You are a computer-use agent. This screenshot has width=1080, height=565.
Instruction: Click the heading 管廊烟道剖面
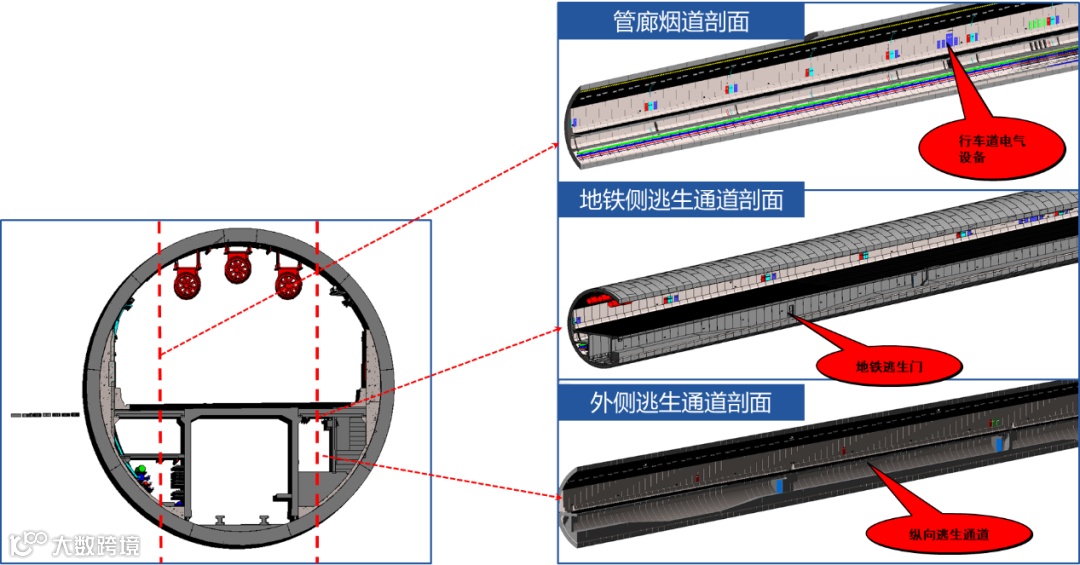pyautogui.click(x=681, y=21)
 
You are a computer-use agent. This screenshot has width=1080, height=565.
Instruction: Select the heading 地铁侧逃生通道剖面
pyautogui.click(x=681, y=200)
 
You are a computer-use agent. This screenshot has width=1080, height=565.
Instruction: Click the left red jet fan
pyautogui.click(x=187, y=280)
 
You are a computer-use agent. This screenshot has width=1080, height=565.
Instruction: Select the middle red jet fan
pyautogui.click(x=238, y=267)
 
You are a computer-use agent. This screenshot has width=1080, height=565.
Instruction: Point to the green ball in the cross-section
pyautogui.click(x=143, y=469)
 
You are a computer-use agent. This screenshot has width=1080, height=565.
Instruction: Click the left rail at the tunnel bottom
pyautogui.click(x=221, y=520)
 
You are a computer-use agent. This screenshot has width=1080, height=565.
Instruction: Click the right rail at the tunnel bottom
pyautogui.click(x=265, y=520)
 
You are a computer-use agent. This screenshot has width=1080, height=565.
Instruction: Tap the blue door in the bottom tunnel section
pyautogui.click(x=778, y=486)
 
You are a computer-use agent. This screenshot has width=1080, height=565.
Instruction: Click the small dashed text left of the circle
pyautogui.click(x=46, y=413)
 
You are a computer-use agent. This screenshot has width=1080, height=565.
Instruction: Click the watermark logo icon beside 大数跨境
pyautogui.click(x=28, y=544)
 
